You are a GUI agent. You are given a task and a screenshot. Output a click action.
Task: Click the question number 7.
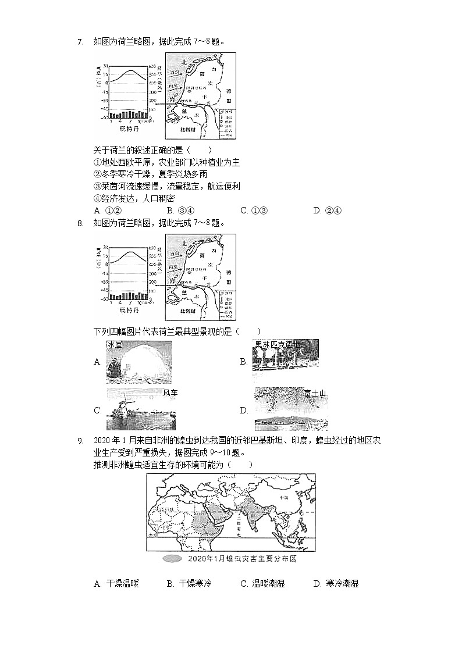tap(81, 41)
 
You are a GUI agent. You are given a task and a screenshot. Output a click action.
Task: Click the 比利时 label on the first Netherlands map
tap(190, 130)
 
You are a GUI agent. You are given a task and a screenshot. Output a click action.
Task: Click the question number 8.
tap(81, 223)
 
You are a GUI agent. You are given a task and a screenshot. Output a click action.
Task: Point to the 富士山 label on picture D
tap(315, 394)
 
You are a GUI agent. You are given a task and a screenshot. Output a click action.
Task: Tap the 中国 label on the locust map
tap(283, 498)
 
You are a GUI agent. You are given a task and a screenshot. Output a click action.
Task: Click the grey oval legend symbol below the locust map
tap(172, 559)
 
